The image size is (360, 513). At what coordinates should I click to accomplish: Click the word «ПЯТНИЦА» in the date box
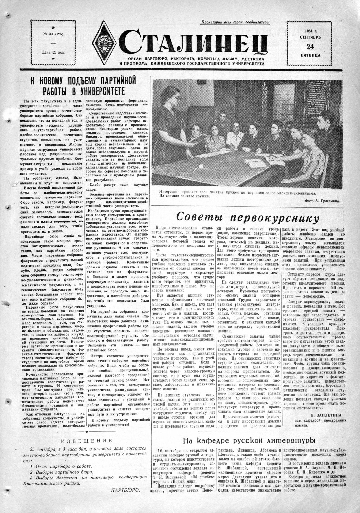pyautogui.click(x=308, y=55)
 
